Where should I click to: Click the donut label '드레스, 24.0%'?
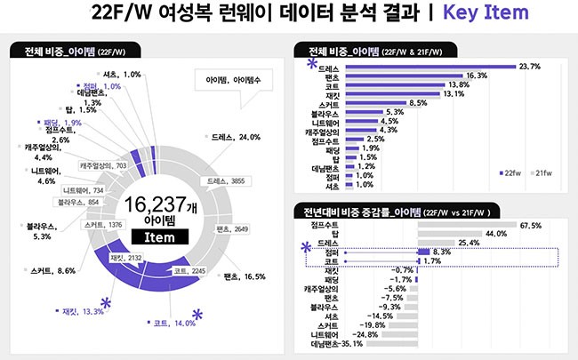click(x=237, y=138)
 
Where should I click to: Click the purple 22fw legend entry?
click(x=510, y=174)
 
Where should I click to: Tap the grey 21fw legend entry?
click(x=542, y=174)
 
